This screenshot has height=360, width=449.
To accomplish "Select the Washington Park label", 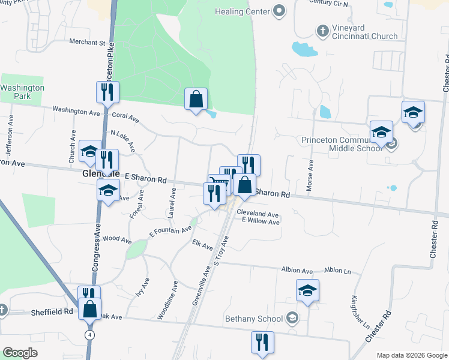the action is (22, 92).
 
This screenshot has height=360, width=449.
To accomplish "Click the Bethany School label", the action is (254, 319).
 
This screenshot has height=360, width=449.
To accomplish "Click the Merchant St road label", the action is (87, 43).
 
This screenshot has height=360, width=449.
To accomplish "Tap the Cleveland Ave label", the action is (258, 214).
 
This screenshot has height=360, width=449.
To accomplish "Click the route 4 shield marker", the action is (89, 335).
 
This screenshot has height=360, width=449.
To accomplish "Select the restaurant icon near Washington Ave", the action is (107, 92).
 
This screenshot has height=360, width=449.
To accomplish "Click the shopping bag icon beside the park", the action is (196, 98).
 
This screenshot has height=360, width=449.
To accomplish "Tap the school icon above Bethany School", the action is (307, 291).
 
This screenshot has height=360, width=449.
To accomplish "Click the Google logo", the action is (20, 353).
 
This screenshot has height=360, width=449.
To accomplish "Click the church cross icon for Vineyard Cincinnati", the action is (322, 30).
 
